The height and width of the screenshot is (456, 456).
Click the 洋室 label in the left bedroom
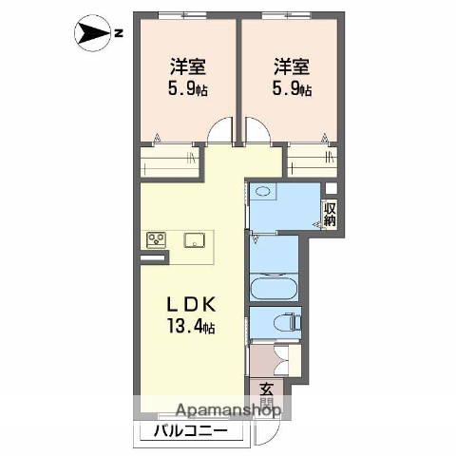tap(188, 67)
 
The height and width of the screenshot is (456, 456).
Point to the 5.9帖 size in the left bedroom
tap(188, 90)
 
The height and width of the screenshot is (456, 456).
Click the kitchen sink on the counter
tap(197, 238)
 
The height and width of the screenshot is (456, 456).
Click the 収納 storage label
tap(330, 213)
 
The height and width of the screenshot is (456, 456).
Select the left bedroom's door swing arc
tap(221, 130)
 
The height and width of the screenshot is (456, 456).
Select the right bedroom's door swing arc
tap(256, 130)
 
